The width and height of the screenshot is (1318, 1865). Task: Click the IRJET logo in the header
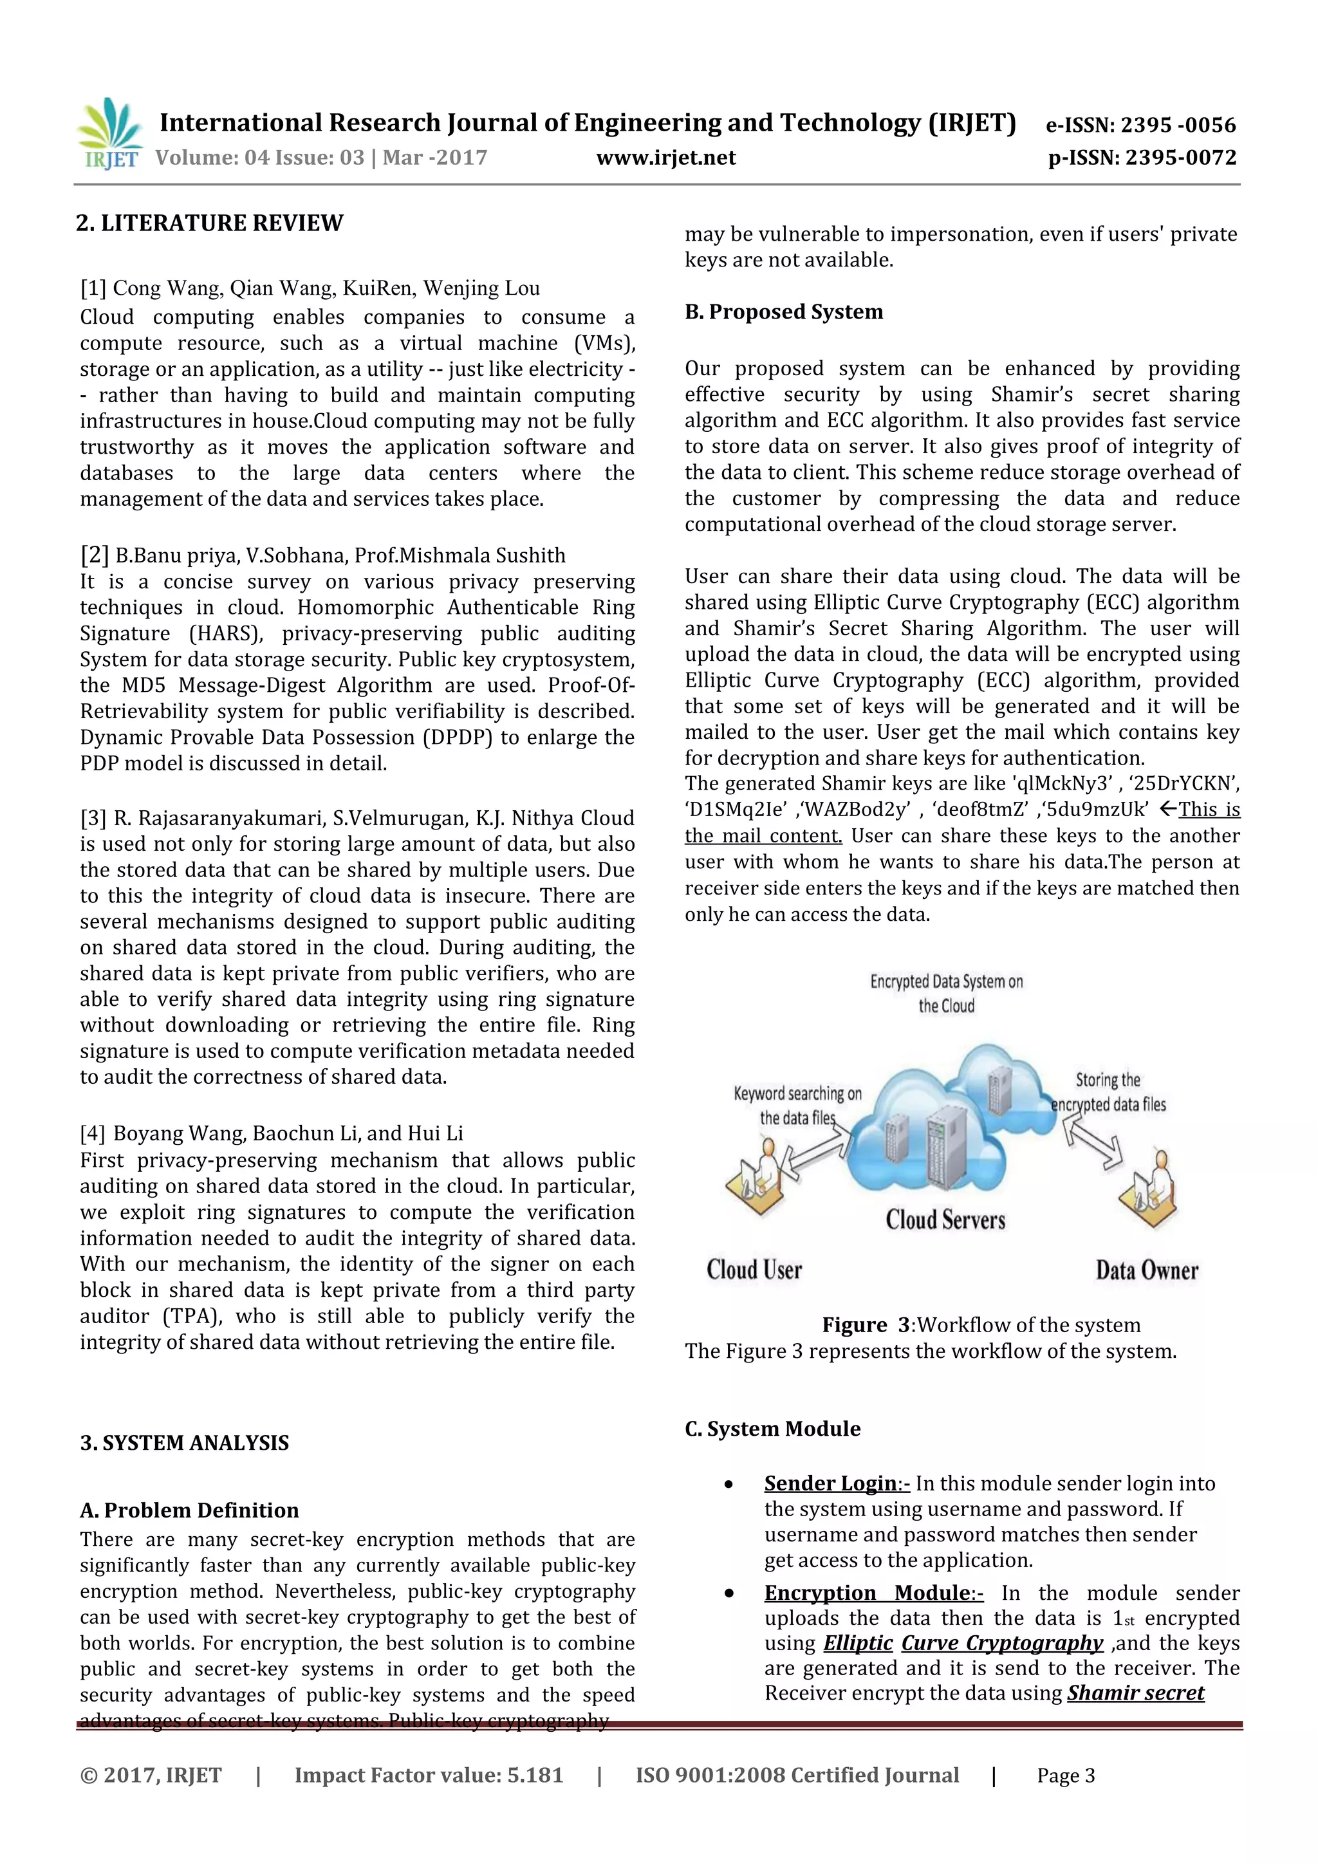[109, 134]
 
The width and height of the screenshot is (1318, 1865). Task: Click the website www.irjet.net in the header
[666, 158]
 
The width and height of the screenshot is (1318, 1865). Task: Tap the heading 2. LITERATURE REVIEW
[210, 223]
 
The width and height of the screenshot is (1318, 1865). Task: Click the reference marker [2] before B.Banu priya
[94, 555]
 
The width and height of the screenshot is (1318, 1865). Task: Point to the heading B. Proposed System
[784, 312]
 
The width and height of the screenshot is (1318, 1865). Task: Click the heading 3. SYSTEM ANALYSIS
[184, 1443]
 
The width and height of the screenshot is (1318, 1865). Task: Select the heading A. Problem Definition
[189, 1510]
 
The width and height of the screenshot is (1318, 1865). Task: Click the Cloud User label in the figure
[754, 1270]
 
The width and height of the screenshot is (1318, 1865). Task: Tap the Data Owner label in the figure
[1147, 1270]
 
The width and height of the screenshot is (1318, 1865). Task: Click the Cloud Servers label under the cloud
[945, 1220]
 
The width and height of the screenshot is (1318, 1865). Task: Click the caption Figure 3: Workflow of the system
[981, 1325]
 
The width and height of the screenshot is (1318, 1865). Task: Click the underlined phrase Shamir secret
[1135, 1693]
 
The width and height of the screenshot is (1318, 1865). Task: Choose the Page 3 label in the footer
[1066, 1776]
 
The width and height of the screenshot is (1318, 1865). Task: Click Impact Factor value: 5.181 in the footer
[429, 1775]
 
